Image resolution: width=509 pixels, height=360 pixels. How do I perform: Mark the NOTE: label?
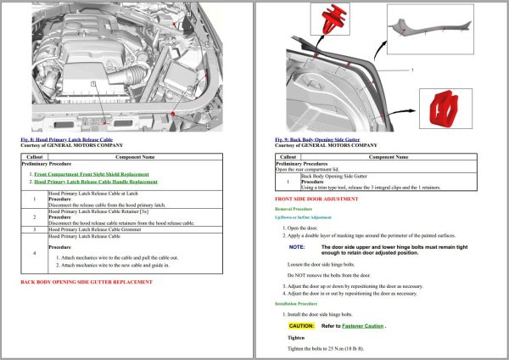click(296, 246)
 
